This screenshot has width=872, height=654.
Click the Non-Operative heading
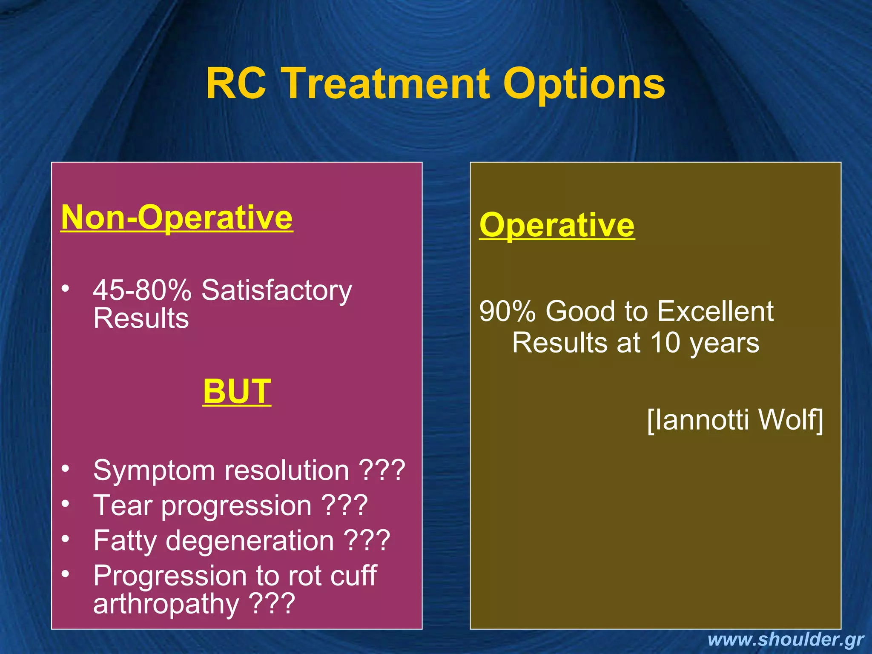pos(177,218)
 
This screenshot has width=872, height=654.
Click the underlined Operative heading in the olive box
pos(557,225)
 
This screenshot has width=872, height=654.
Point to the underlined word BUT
pos(237,391)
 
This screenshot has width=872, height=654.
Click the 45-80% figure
pos(142,290)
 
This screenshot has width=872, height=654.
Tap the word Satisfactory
pos(277,290)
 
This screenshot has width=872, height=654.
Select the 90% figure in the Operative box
pos(507,311)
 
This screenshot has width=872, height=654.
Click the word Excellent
pos(715,311)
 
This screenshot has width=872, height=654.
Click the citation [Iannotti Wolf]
pos(735,420)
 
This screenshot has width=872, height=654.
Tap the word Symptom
pos(154,471)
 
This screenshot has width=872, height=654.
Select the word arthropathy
pos(166,604)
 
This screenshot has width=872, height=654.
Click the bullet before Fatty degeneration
pos(65,539)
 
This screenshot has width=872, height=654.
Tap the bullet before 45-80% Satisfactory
pos(65,289)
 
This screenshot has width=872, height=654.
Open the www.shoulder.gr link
pos(786,640)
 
